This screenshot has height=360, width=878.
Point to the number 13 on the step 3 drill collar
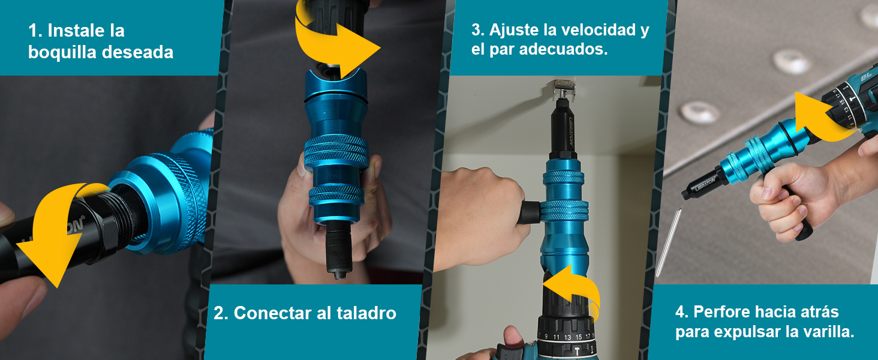pos(567,337)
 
